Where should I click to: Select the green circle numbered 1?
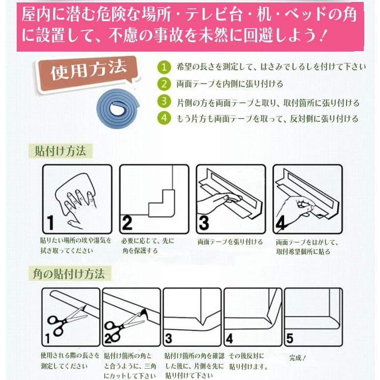pyautogui.click(x=164, y=67)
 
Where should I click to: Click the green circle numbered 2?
pyautogui.click(x=164, y=84)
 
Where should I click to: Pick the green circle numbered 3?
pyautogui.click(x=164, y=102)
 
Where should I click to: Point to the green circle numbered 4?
pyautogui.click(x=164, y=118)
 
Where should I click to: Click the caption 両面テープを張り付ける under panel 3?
pyautogui.click(x=230, y=242)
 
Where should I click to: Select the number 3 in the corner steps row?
pyautogui.click(x=169, y=338)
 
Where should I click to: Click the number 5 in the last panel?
pyautogui.click(x=290, y=338)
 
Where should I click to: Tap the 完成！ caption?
pyautogui.click(x=298, y=358)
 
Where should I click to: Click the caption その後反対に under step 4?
pyautogui.click(x=246, y=355)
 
